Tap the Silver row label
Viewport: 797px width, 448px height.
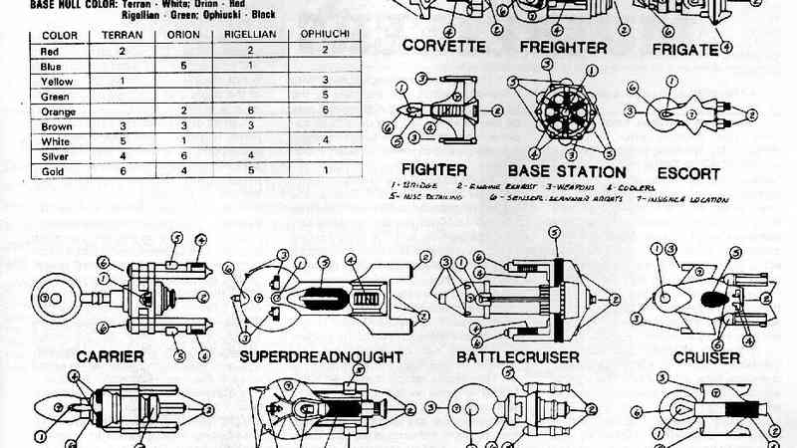point(54,156)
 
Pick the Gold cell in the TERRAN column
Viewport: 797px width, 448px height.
point(122,171)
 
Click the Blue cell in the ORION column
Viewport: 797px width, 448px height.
point(184,65)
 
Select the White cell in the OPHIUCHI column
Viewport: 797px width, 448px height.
point(326,140)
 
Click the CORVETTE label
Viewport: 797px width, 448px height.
point(444,47)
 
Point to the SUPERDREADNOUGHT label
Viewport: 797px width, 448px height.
point(320,355)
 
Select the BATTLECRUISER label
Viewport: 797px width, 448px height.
point(519,355)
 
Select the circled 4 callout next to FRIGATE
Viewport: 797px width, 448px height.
point(726,46)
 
